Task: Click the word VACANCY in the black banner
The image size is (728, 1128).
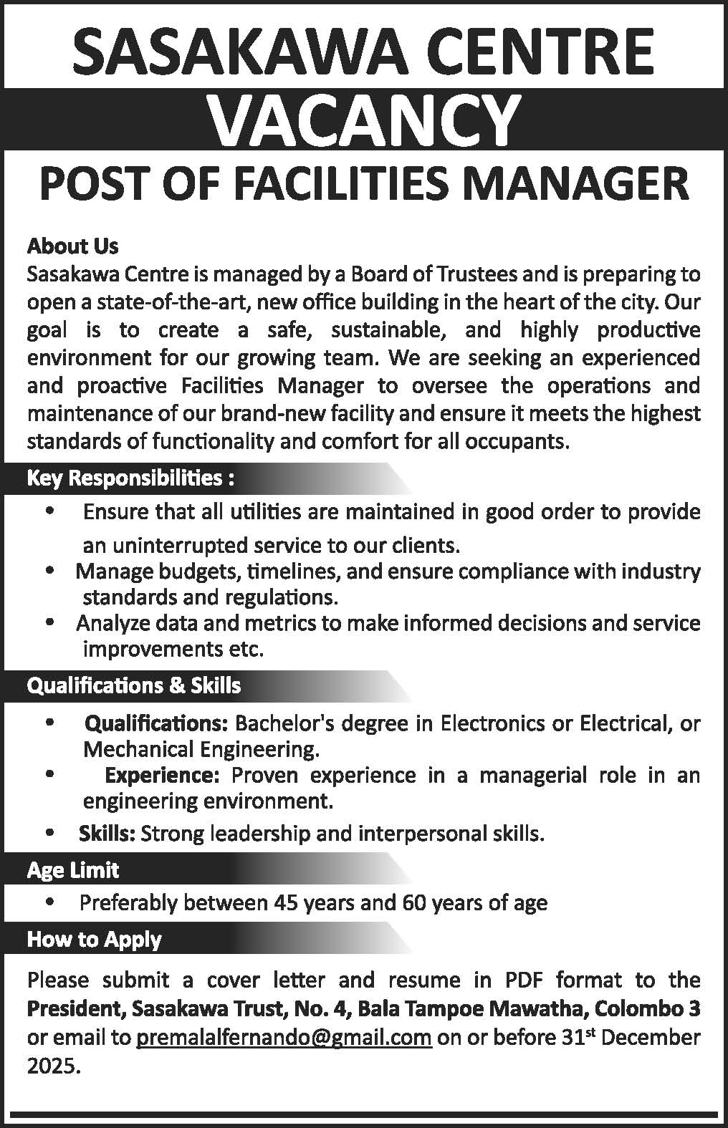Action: [363, 119]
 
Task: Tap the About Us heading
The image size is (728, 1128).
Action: [72, 246]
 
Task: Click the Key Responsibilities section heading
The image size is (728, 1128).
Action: [130, 478]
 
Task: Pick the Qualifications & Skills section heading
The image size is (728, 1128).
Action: [133, 685]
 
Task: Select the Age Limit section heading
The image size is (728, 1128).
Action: [72, 870]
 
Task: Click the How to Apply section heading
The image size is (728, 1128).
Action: [94, 939]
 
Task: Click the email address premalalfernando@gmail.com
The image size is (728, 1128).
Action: [284, 1037]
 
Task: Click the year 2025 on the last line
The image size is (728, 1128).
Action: [50, 1066]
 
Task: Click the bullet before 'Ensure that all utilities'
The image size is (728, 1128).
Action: [49, 511]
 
